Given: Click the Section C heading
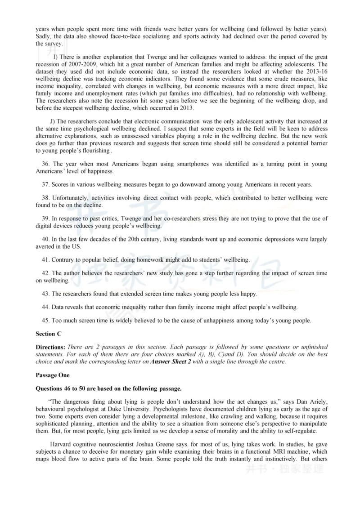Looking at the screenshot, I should [48, 334].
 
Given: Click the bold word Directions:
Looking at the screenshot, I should [51, 347].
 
